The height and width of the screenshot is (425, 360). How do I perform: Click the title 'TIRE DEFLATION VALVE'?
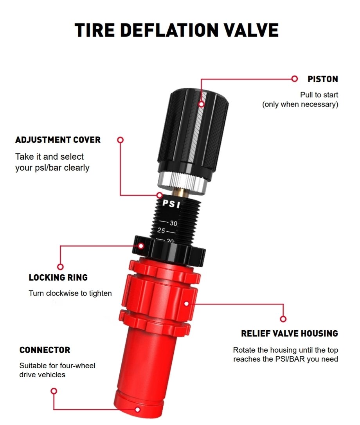176,30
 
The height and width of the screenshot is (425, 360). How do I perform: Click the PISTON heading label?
322,79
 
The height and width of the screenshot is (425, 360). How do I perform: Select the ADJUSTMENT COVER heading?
58,140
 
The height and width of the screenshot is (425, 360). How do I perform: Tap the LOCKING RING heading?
58,277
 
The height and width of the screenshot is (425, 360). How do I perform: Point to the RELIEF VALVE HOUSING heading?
290,333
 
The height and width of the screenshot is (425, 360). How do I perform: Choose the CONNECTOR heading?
45,350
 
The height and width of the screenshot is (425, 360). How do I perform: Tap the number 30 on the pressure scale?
173,223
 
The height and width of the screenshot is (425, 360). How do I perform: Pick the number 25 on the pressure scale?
161,231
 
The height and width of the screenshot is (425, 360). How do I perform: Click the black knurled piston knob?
193,133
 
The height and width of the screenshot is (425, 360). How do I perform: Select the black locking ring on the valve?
169,251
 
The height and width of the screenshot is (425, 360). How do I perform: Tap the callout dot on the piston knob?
201,104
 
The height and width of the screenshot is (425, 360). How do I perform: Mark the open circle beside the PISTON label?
294,79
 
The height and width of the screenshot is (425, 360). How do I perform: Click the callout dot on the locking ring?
141,246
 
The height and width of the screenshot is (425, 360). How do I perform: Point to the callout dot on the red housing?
187,304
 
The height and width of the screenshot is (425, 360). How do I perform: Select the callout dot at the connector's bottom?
138,409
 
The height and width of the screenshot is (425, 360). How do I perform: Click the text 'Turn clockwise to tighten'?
70,293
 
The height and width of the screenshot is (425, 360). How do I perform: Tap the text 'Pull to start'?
319,95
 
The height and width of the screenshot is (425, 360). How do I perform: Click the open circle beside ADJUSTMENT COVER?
121,140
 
